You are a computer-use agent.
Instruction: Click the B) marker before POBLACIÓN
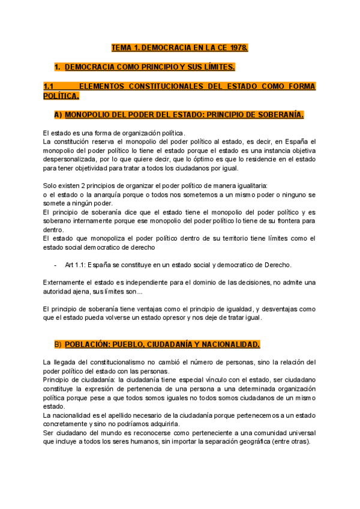coord(58,345)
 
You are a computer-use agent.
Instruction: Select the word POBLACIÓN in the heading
coord(88,345)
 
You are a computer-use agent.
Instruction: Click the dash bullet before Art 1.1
coord(55,265)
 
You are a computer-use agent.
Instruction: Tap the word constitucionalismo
coord(113,362)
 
